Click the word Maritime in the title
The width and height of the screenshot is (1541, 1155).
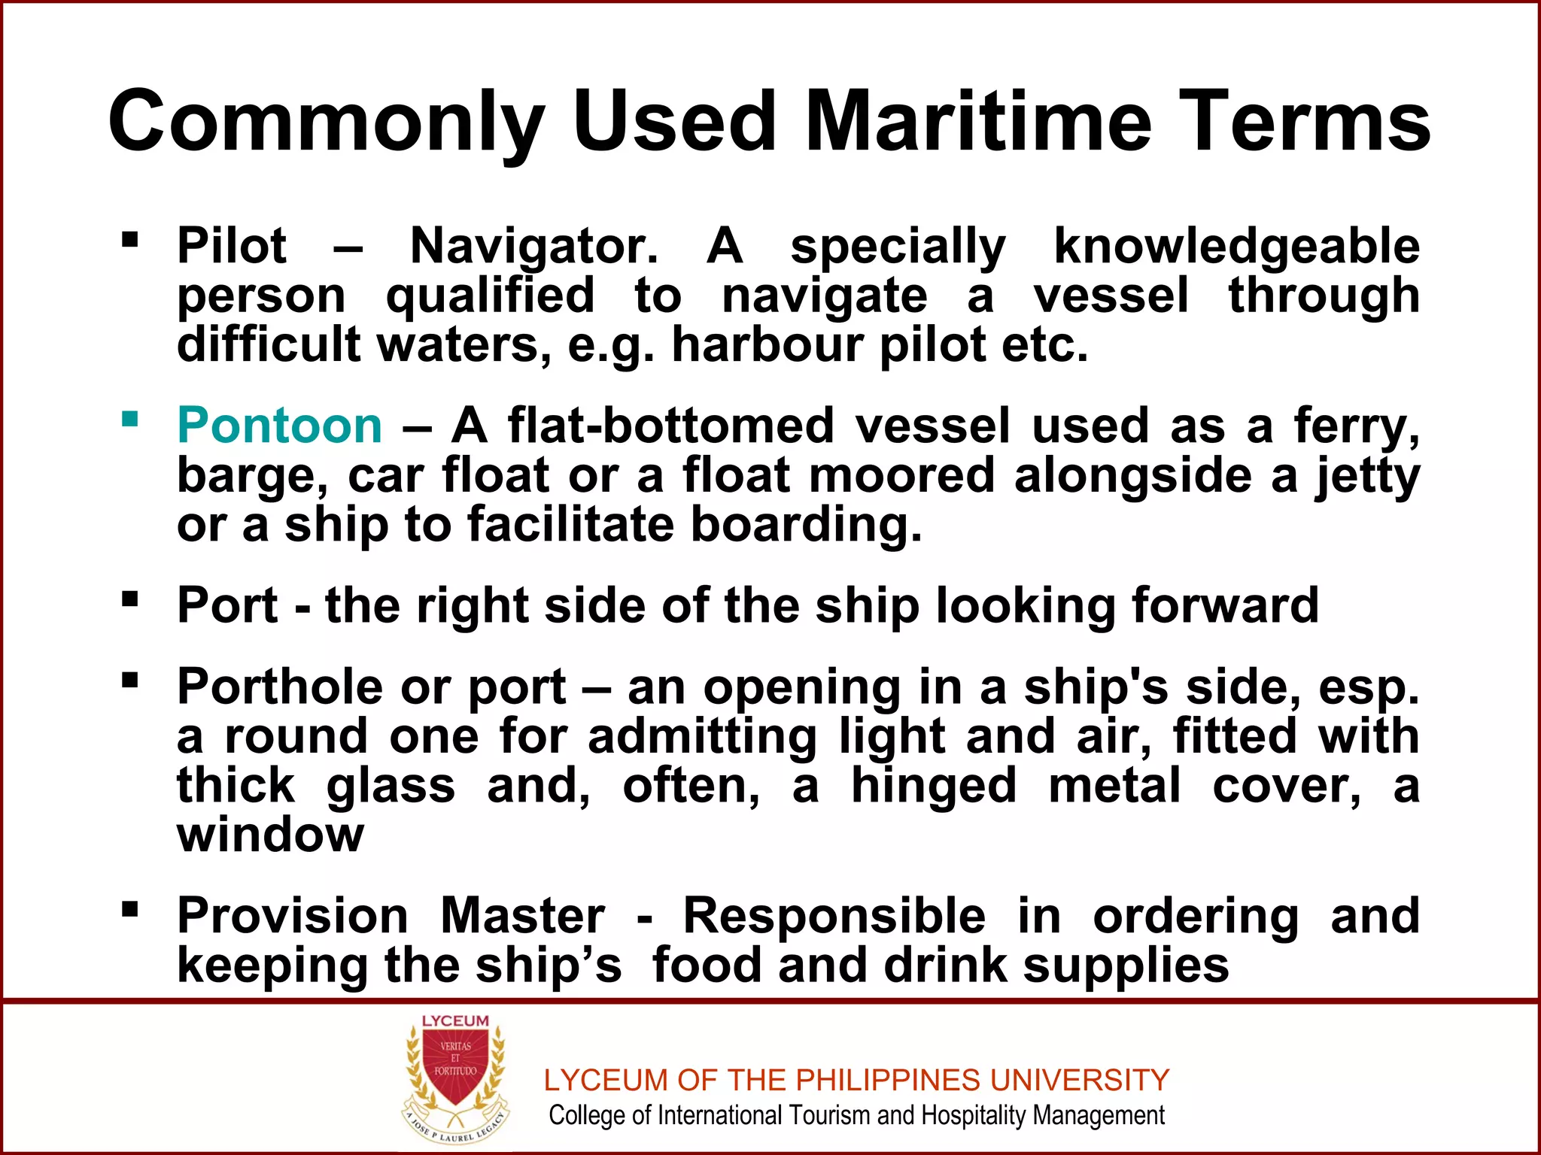978,120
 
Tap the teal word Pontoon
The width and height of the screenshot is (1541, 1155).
279,426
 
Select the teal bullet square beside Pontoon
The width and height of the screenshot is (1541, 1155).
130,418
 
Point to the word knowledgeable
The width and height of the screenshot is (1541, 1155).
1236,247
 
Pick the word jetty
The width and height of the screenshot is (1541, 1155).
1367,477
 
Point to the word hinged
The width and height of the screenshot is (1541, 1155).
933,787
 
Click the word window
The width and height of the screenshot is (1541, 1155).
270,835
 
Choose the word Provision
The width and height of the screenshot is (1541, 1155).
293,916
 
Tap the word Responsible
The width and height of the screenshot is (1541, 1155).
834,916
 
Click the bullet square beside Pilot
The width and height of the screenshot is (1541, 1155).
130,240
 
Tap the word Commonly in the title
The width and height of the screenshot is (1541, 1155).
325,120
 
